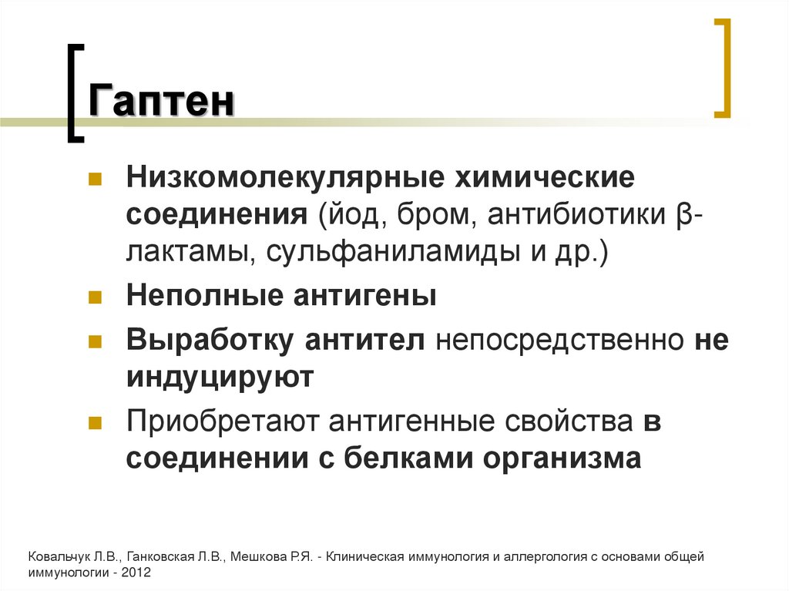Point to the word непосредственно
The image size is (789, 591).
pyautogui.click(x=559, y=341)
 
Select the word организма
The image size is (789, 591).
pyautogui.click(x=562, y=458)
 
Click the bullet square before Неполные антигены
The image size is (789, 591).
pyautogui.click(x=96, y=297)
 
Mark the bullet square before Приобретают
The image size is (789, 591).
pyautogui.click(x=96, y=422)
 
